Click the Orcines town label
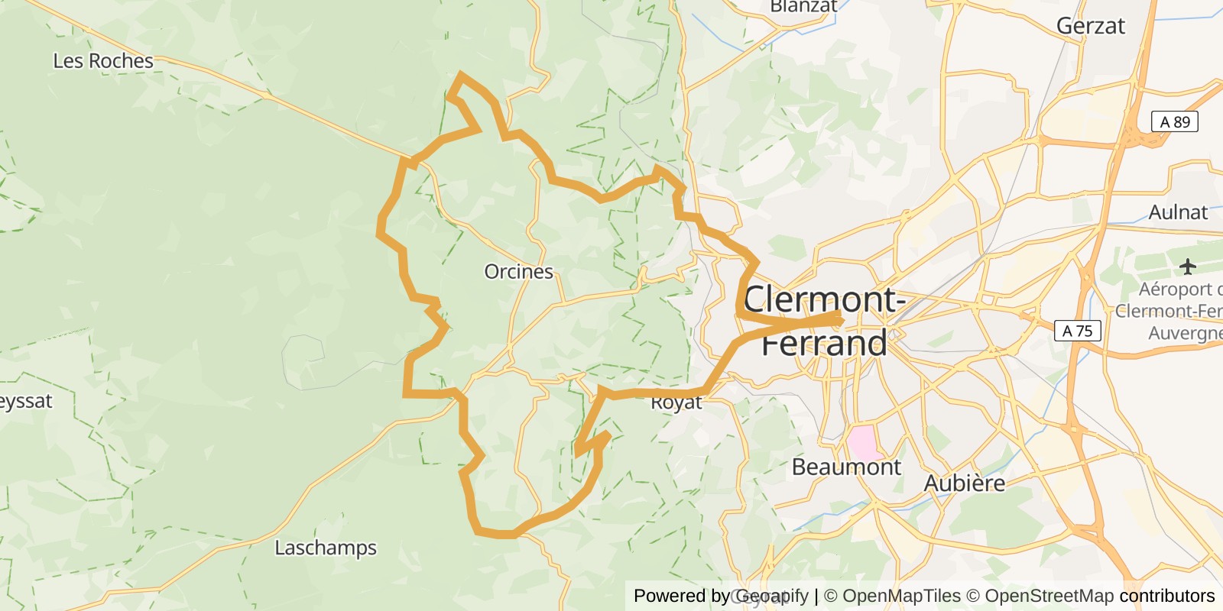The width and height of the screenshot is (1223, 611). (x=518, y=272)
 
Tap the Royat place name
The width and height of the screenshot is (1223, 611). (x=676, y=402)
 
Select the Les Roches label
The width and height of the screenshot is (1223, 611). (x=103, y=61)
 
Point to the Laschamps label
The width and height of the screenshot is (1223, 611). (x=326, y=548)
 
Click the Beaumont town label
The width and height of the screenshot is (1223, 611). (x=846, y=467)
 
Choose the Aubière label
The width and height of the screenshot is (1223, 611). (x=965, y=483)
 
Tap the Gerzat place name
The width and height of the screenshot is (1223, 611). (x=1090, y=26)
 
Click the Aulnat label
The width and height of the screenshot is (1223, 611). (x=1178, y=212)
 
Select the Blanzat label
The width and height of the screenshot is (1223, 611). (x=803, y=7)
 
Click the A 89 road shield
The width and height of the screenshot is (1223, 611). (x=1175, y=122)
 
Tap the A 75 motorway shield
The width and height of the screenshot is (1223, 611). (x=1078, y=331)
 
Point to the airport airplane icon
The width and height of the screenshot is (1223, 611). (x=1187, y=267)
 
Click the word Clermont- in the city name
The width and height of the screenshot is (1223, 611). (x=824, y=299)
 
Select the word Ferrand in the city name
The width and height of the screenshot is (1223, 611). (x=824, y=343)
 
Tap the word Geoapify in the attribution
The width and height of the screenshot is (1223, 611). (x=772, y=596)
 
